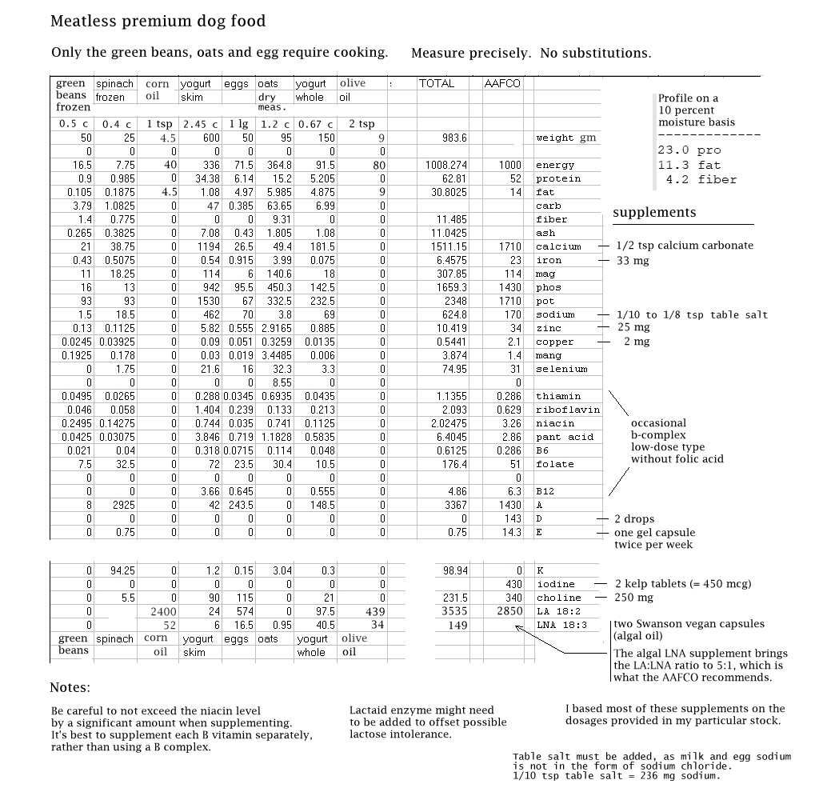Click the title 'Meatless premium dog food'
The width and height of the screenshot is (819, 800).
[158, 22]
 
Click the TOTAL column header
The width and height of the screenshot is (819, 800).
[437, 83]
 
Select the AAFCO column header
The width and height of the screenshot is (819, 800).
[502, 83]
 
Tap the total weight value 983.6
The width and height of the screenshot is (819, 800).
[454, 138]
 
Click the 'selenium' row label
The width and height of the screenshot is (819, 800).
[561, 369]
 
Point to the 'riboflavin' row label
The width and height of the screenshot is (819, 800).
[568, 410]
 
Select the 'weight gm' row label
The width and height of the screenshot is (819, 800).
[565, 138]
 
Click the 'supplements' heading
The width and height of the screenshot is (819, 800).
[654, 212]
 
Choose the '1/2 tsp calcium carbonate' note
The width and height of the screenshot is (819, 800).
[685, 246]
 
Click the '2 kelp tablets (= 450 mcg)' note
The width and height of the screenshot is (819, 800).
[682, 584]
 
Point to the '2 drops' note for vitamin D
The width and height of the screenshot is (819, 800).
[633, 519]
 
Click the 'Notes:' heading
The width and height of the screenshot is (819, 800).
[70, 687]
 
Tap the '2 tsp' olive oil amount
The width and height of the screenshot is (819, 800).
[361, 124]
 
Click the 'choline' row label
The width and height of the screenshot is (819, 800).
[558, 598]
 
